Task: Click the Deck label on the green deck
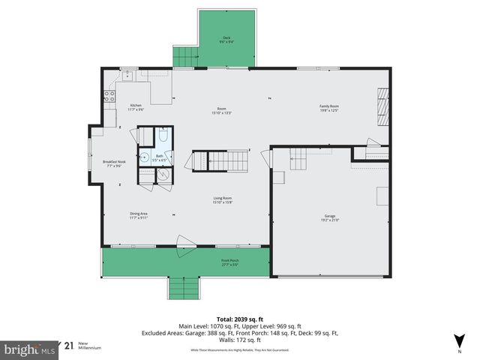click(226, 39)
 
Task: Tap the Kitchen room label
click(136, 106)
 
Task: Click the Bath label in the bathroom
click(159, 157)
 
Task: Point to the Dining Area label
click(139, 215)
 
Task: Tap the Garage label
click(330, 217)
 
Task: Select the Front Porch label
click(229, 262)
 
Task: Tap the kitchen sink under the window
click(128, 75)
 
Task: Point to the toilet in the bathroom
click(163, 139)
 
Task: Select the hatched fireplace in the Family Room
click(383, 106)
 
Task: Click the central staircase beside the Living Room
click(221, 160)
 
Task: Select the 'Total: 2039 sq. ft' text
click(239, 317)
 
